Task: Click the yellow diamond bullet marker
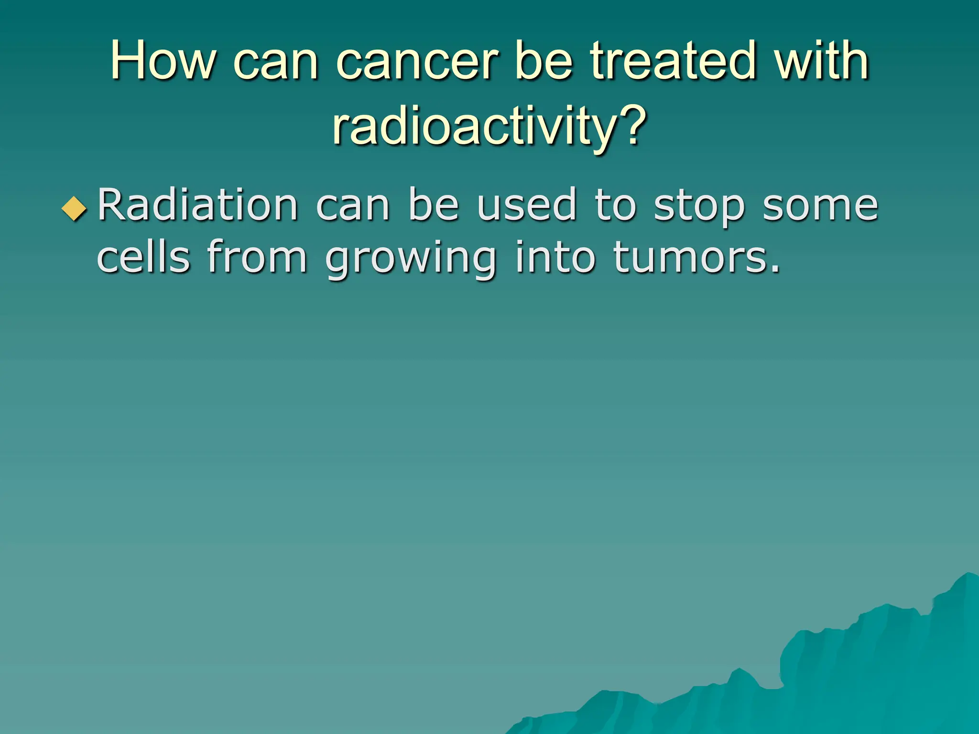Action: [x=75, y=209]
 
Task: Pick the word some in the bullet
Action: [x=820, y=206]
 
